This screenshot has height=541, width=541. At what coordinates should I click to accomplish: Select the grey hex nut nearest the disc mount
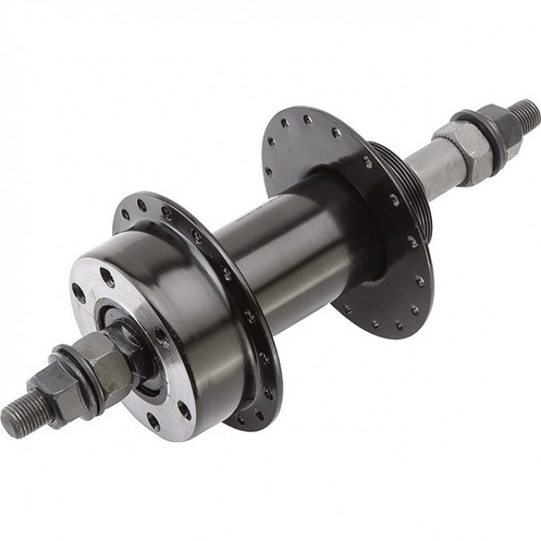[103, 358]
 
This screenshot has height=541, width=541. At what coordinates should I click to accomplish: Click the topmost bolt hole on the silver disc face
[107, 278]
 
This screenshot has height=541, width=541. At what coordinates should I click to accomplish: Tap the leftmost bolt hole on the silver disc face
[79, 293]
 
